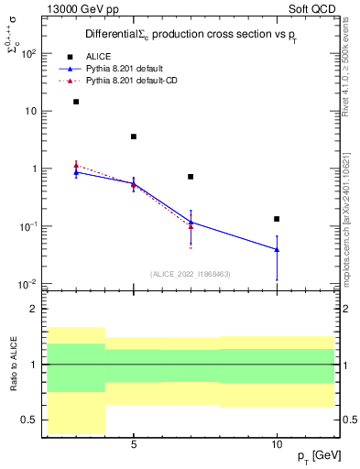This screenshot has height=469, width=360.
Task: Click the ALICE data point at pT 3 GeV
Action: (x=76, y=102)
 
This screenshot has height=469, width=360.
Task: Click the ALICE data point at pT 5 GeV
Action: (x=134, y=136)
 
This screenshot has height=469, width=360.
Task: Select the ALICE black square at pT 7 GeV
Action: (x=191, y=177)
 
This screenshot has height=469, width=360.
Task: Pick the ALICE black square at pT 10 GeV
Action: (x=277, y=219)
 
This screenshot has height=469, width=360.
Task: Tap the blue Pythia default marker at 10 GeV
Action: (x=277, y=249)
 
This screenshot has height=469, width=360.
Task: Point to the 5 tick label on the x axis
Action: (x=134, y=444)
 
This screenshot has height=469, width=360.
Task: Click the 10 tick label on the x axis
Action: (x=277, y=444)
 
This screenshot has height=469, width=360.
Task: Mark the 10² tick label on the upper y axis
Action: (x=27, y=54)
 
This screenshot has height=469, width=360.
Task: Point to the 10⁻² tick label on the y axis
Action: (x=27, y=284)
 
